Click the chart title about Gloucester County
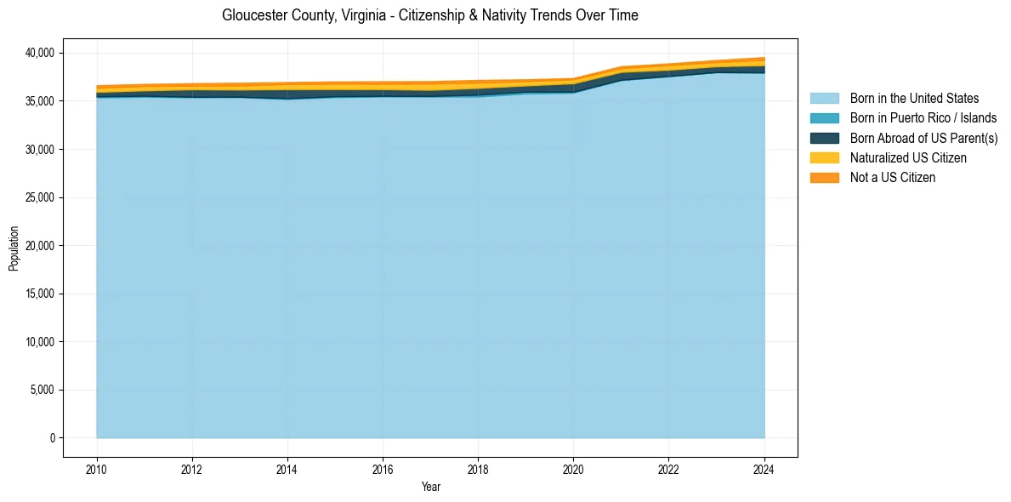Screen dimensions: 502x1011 coord(429,15)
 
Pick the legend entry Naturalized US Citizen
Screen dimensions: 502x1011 coord(908,158)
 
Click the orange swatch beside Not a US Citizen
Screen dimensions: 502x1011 coord(824,178)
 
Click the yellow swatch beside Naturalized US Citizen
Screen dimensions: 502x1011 coord(824,158)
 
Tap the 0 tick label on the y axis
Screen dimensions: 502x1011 coord(52,438)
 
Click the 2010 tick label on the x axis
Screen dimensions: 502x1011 coord(97,468)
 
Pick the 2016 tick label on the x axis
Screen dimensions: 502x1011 coord(383,468)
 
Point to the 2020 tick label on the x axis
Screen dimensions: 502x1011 coord(573,468)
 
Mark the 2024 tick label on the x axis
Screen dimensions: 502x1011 coord(764,468)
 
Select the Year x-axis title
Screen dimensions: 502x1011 coord(430,487)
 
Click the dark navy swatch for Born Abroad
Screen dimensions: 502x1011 coord(824,138)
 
